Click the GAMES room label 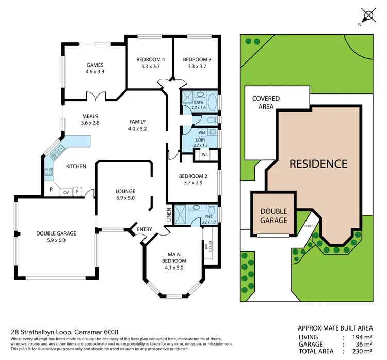click(x=95, y=65)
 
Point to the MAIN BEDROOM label click(x=173, y=254)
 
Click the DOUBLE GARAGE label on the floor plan click(x=58, y=233)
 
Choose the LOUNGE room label click(x=124, y=191)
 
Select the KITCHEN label click(x=75, y=166)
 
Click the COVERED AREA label click(x=266, y=102)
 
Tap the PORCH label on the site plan click(x=310, y=225)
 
